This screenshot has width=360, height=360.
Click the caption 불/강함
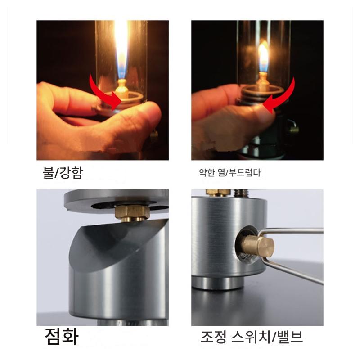click(x=63, y=172)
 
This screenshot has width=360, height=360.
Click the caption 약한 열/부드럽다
click(x=230, y=172)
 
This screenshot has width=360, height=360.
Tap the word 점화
click(x=62, y=336)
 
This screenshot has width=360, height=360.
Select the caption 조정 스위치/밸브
click(x=252, y=337)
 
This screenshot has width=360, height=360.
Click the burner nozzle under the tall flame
click(x=121, y=88)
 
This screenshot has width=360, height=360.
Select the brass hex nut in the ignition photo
click(x=132, y=213)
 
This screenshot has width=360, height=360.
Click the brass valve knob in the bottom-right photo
click(x=258, y=247)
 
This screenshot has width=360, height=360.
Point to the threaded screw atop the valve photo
click(x=241, y=193)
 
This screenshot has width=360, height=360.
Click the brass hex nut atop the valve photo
click(x=218, y=193)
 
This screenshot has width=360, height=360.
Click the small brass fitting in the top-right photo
click(x=294, y=129)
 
